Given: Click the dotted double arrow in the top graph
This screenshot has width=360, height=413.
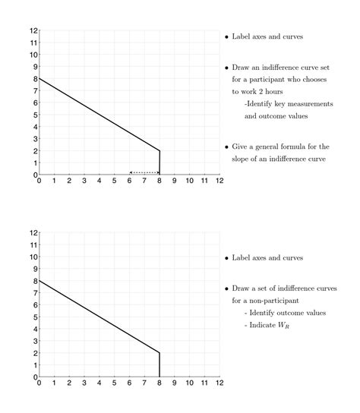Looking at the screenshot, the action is click(144, 172).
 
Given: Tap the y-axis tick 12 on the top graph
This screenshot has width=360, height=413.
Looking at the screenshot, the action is click(33, 30).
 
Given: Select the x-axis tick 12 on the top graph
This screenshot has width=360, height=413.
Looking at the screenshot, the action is click(219, 181).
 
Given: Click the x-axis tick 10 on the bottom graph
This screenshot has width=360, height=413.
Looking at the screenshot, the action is click(189, 383).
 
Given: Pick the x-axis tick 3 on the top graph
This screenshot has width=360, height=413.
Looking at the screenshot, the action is click(84, 181).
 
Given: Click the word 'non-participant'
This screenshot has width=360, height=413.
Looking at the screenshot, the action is click(270, 301).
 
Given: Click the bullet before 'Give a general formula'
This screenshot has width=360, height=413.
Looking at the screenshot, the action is click(226, 147).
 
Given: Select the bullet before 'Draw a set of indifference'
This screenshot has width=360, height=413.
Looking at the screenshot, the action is click(226, 288).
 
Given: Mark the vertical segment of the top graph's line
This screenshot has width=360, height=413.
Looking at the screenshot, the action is click(159, 162).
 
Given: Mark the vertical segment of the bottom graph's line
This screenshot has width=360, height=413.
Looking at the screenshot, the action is click(159, 364).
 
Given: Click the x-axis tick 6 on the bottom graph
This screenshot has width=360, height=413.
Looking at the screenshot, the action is click(129, 383).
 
